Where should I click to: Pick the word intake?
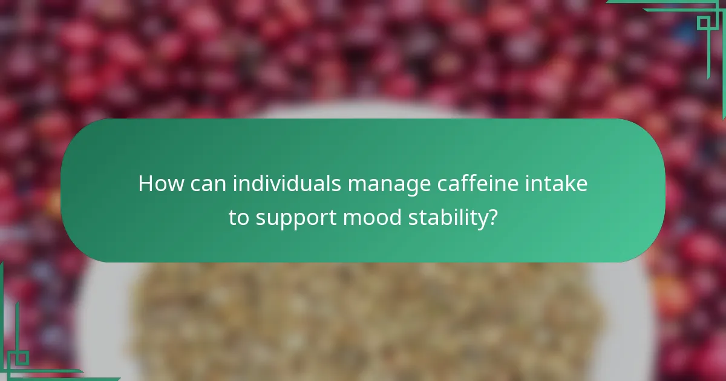(x=558, y=184)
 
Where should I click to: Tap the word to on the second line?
(x=239, y=218)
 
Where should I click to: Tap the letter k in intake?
(x=566, y=184)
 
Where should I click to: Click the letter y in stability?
(x=482, y=220)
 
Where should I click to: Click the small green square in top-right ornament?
(x=703, y=23)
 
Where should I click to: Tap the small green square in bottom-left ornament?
(x=21, y=357)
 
